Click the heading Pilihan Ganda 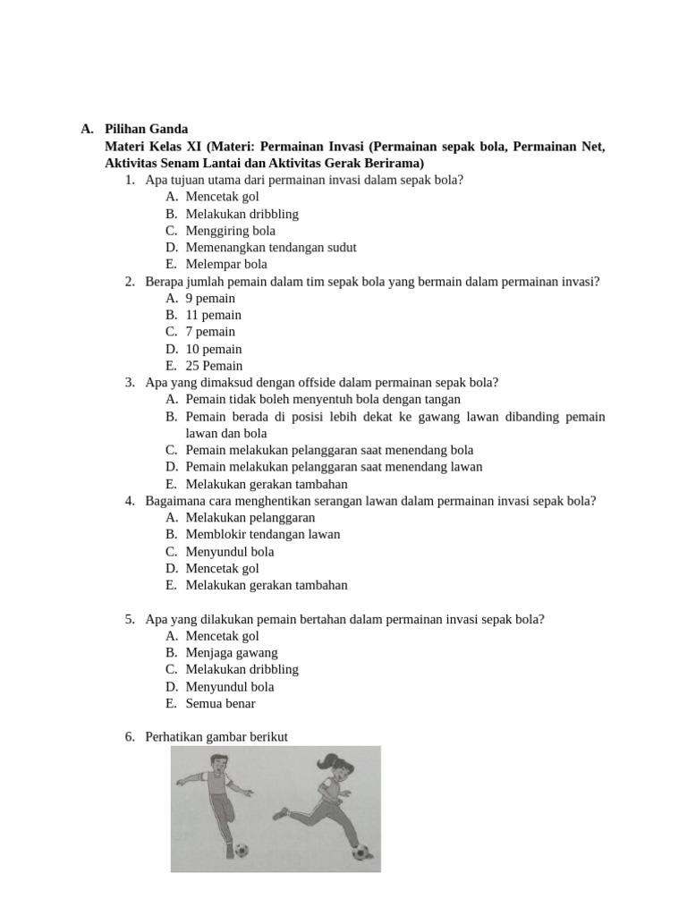[146, 129]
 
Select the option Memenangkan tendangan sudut [271, 248]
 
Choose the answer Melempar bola [226, 265]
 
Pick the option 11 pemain [214, 315]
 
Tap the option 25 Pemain [214, 366]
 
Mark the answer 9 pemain [210, 298]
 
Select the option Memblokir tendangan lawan [263, 535]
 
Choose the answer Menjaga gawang [232, 653]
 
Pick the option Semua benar [220, 704]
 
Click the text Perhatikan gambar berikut [217, 737]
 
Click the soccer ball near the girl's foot [361, 852]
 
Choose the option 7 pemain [210, 332]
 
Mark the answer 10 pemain [214, 349]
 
